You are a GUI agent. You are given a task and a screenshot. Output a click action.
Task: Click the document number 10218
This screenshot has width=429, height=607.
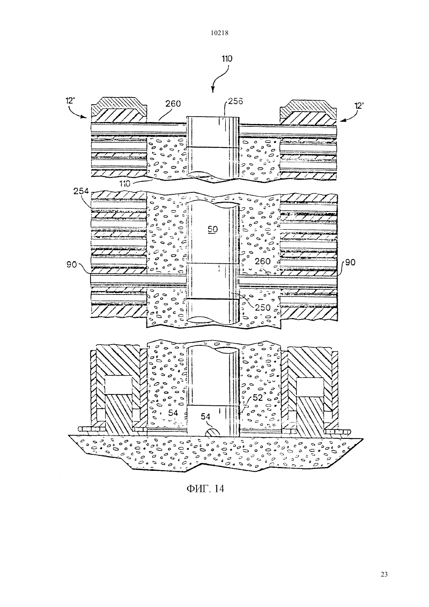219,33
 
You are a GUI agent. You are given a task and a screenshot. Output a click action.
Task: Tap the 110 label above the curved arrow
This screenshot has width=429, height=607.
227,59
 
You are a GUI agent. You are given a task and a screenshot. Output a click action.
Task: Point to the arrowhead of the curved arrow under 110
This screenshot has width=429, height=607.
213,89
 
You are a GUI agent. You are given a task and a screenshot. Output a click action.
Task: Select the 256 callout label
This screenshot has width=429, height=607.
235,101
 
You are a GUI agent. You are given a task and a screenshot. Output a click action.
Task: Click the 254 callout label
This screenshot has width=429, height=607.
81,191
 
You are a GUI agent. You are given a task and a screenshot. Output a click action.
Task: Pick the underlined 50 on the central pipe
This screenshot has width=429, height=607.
213,229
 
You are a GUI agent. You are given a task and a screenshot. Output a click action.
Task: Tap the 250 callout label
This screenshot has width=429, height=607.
263,307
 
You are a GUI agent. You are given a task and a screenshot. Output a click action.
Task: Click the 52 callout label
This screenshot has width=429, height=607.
257,398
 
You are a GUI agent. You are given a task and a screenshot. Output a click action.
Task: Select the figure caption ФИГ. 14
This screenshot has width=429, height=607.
205,488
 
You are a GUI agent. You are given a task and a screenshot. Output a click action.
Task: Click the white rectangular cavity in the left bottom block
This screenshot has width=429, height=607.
118,385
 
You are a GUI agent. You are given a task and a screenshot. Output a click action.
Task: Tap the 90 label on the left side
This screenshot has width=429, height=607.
72,264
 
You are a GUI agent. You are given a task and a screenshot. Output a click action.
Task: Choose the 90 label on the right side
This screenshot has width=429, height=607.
350,262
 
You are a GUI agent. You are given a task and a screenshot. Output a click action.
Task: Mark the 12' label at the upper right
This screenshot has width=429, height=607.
358,106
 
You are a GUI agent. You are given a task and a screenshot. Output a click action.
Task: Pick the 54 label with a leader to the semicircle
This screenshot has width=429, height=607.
206,417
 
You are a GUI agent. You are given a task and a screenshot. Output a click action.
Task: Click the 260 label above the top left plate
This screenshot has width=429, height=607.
173,103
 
